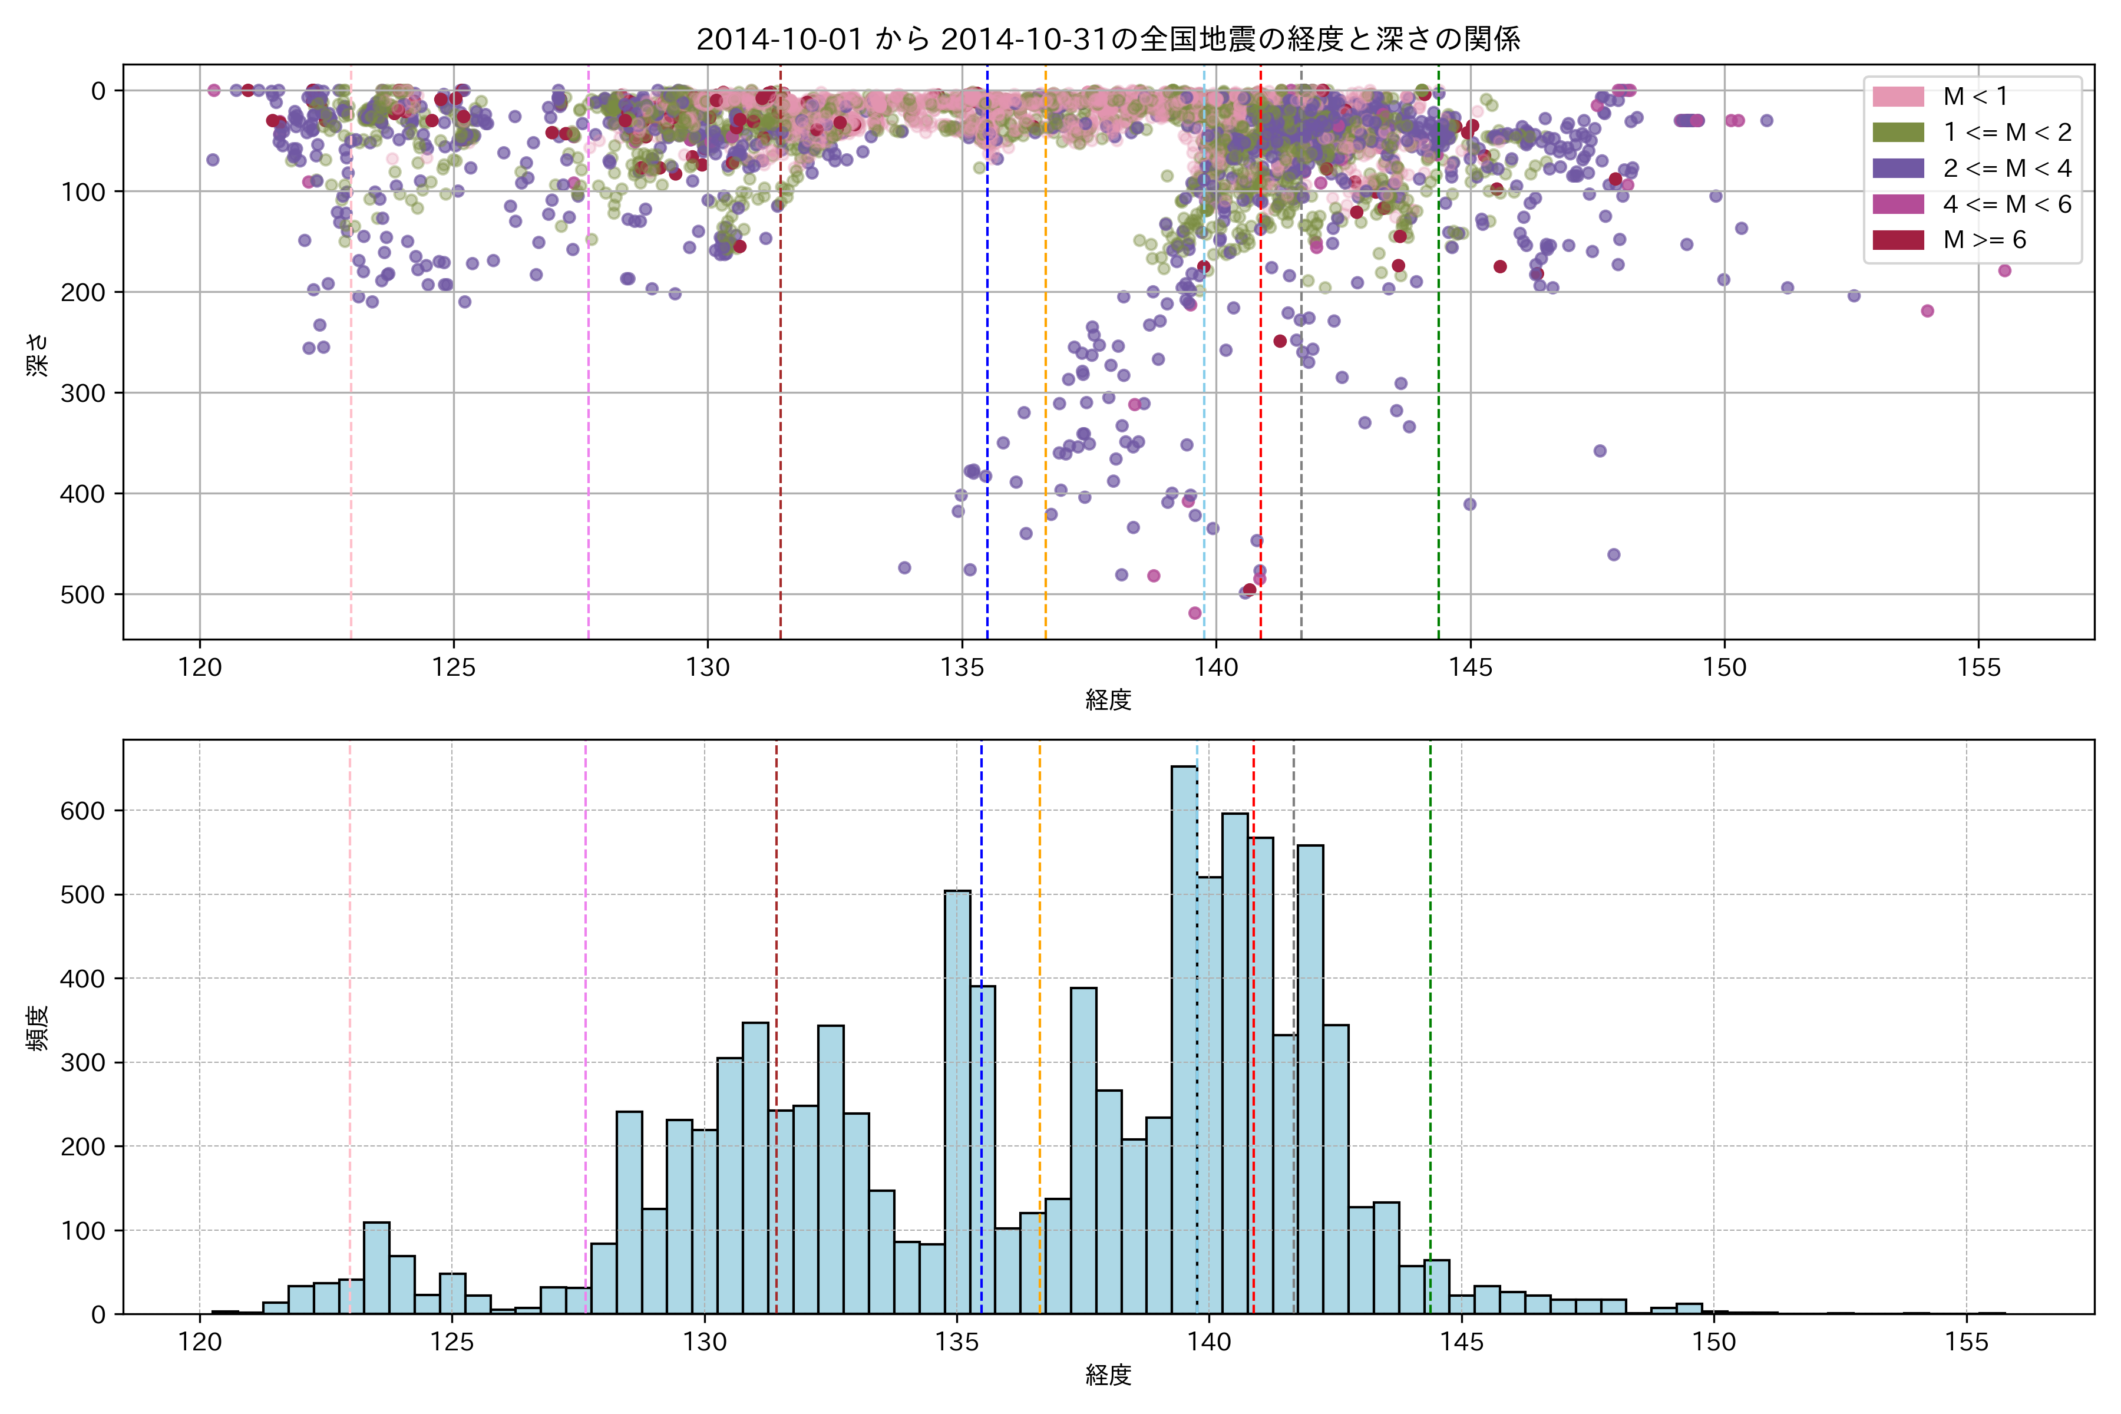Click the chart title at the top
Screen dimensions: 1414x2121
point(1108,39)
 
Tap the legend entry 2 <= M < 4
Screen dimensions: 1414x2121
point(2007,169)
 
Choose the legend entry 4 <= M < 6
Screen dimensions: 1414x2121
point(2007,204)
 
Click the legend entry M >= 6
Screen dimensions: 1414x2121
point(1984,240)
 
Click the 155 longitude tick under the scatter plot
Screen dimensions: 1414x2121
point(1978,668)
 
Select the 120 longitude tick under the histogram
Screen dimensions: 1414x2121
point(199,1343)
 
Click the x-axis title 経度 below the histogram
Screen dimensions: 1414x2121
point(1108,1375)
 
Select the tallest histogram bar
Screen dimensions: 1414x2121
point(1184,1037)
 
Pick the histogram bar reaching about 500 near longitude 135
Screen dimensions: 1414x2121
point(958,1100)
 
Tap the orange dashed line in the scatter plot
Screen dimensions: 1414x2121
point(1046,361)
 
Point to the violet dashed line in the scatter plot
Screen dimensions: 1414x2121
point(589,361)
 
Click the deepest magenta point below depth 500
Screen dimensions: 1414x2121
point(1195,613)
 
